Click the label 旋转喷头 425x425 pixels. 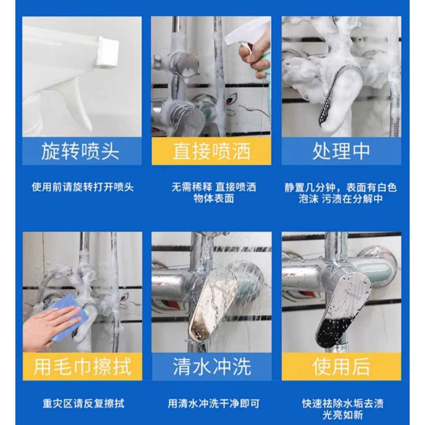80,151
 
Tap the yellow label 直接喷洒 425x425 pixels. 211,151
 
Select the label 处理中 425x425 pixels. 341,151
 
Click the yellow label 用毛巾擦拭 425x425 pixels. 83,366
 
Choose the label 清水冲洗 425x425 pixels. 212,366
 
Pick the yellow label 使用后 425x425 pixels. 341,366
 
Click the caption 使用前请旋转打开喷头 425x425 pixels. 83,187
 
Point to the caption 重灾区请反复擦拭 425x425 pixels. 83,403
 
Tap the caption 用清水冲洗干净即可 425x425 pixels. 214,403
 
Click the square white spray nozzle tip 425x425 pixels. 108,52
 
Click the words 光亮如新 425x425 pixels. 342,415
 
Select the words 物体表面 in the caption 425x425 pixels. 214,199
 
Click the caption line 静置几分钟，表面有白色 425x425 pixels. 341,187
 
